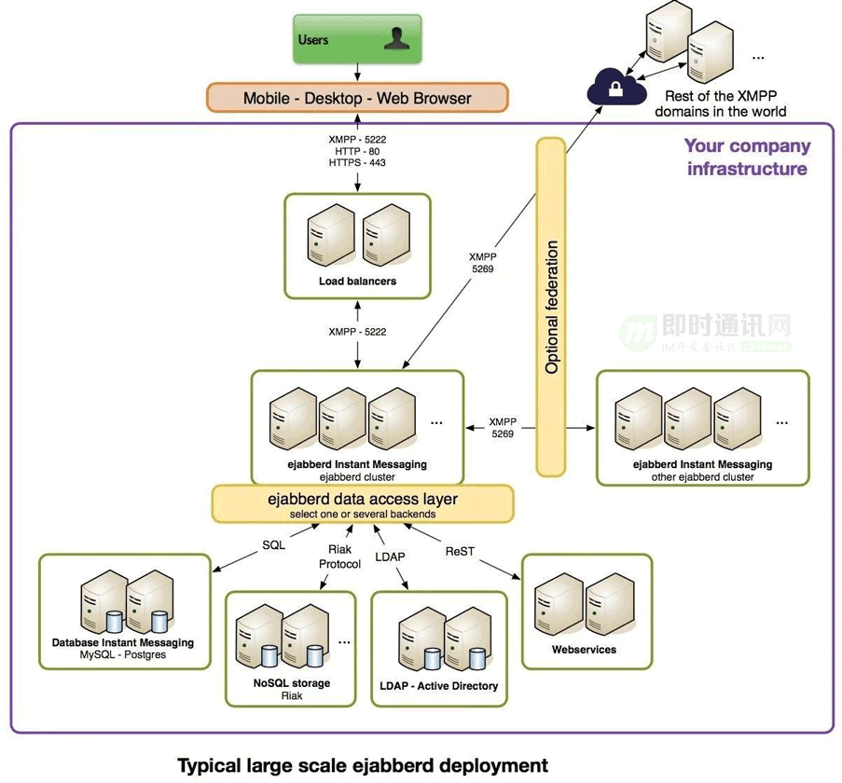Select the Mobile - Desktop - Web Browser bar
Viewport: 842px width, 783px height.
tap(357, 98)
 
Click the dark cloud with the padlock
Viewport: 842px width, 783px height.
tap(616, 90)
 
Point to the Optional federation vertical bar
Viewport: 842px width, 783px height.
tap(550, 307)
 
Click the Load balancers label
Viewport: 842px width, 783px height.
tap(357, 281)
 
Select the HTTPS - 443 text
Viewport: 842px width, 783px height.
tap(357, 163)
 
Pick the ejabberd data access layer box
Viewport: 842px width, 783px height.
tap(363, 503)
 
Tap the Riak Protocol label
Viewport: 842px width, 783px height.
tap(338, 557)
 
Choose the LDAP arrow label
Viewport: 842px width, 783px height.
tap(390, 556)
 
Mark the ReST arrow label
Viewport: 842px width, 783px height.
tap(460, 551)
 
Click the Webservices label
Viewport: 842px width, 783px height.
tap(584, 649)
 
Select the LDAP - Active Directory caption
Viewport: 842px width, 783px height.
tap(438, 686)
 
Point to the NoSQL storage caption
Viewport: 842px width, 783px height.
tap(292, 683)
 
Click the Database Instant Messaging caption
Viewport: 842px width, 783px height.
tap(123, 642)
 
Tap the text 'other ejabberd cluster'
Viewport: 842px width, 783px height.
tap(702, 477)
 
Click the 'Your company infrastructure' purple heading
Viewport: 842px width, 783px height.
tap(747, 157)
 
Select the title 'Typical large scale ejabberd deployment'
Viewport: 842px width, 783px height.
tap(363, 765)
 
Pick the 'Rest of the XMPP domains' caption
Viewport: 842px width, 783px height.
tap(720, 103)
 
